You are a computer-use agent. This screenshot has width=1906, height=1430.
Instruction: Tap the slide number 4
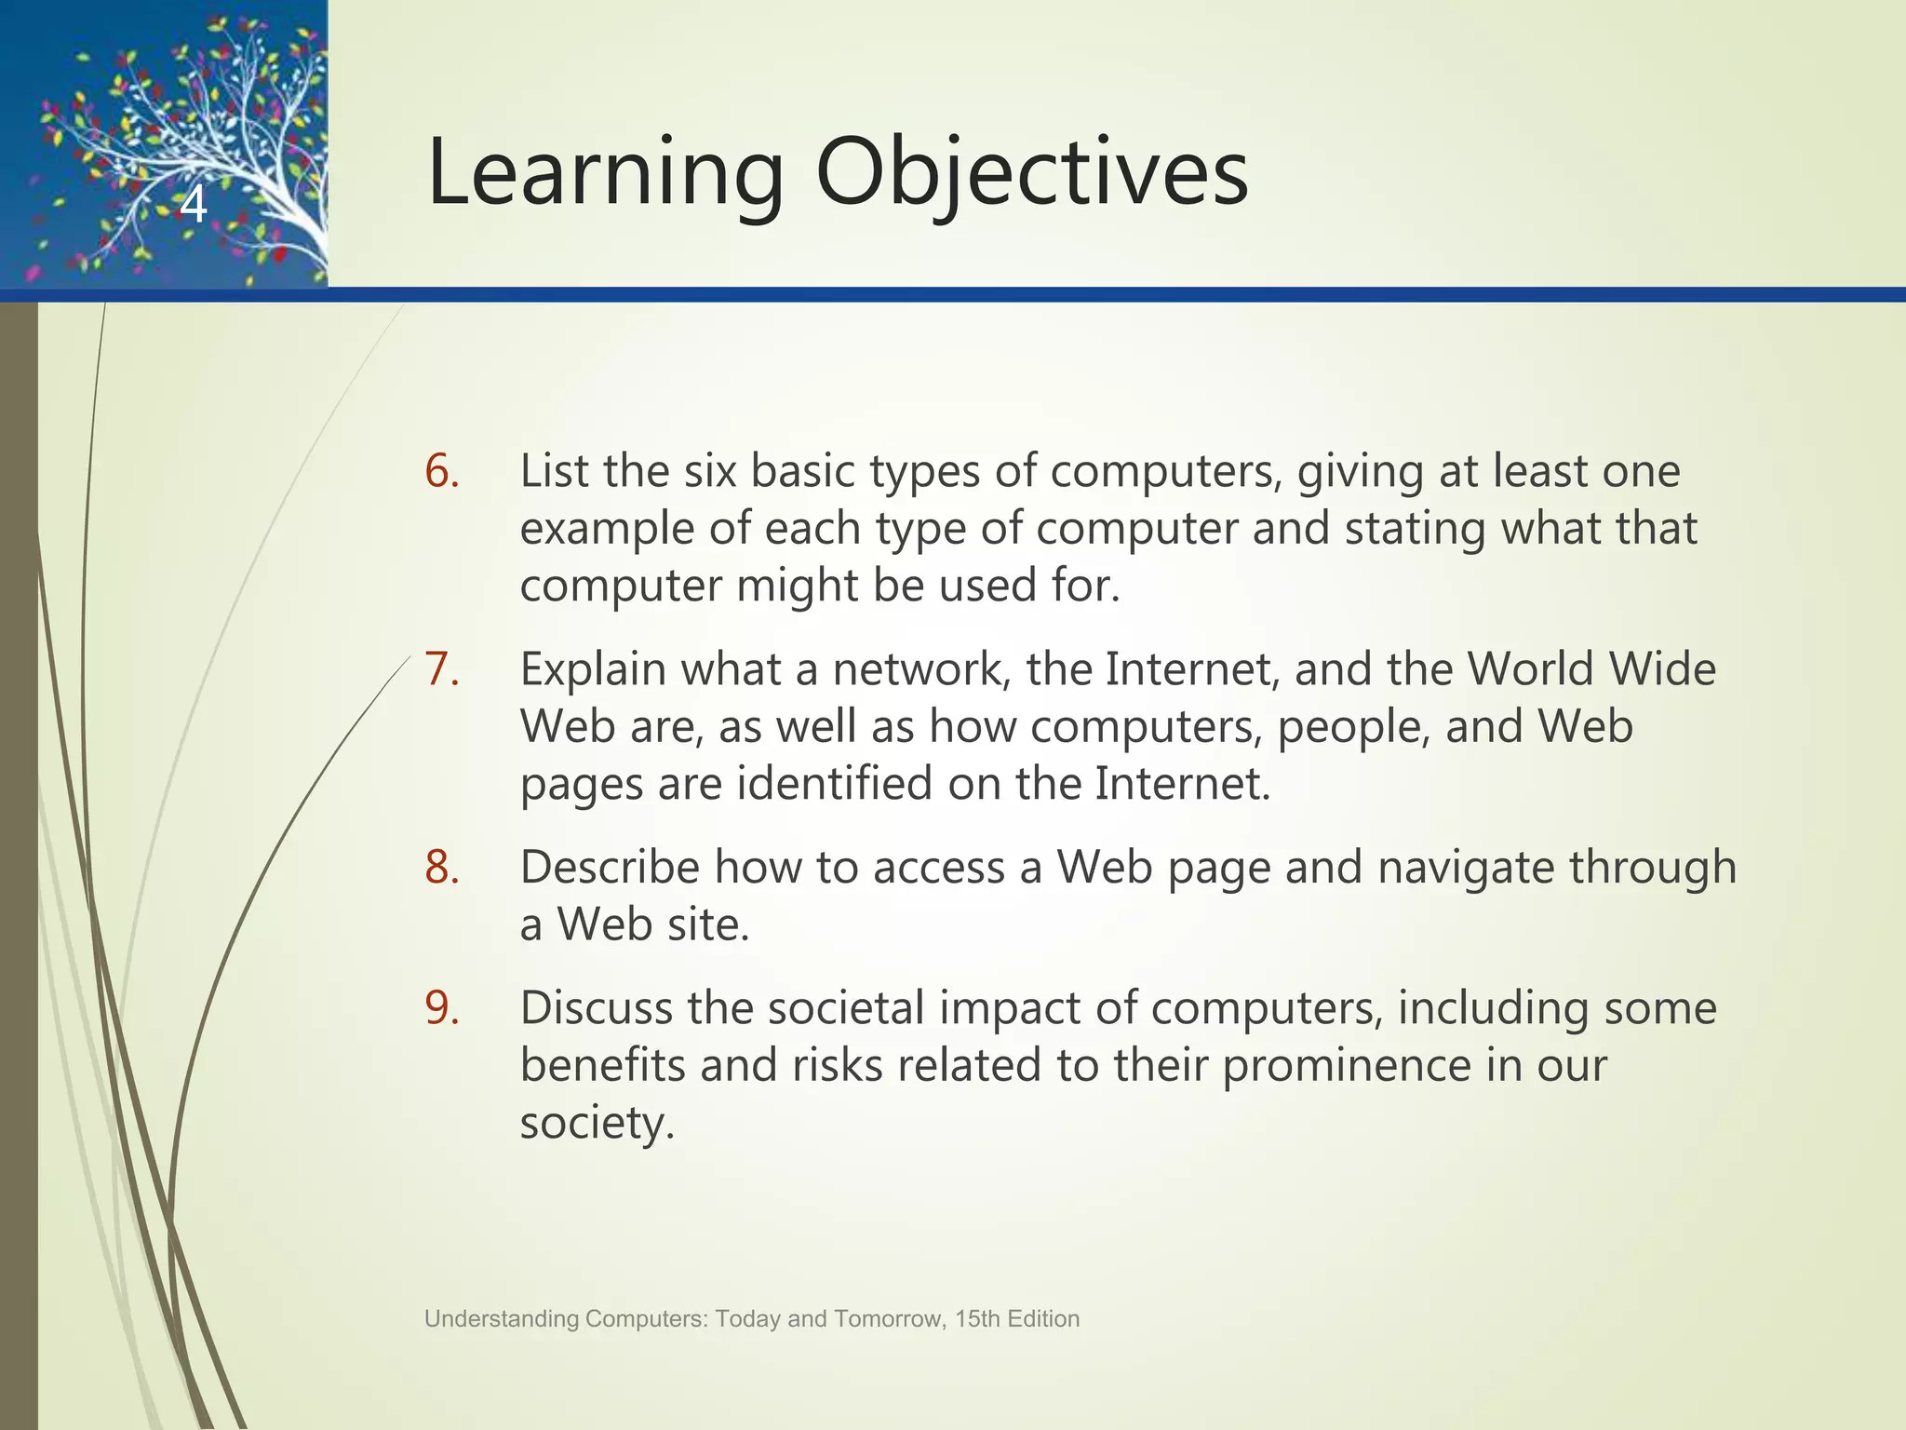(x=193, y=205)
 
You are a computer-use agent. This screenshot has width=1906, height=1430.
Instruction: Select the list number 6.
(x=442, y=471)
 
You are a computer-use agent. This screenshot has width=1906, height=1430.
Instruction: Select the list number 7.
(x=442, y=669)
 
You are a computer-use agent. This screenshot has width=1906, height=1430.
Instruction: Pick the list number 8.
(x=442, y=868)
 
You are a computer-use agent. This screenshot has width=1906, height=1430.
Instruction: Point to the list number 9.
(x=442, y=1008)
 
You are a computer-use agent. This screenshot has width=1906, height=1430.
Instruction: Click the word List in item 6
(x=555, y=471)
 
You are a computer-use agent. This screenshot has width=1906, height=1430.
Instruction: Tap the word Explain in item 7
(x=593, y=669)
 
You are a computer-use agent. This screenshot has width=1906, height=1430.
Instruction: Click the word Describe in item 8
(x=610, y=868)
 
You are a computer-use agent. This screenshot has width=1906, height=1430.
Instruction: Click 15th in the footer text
(x=977, y=1319)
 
